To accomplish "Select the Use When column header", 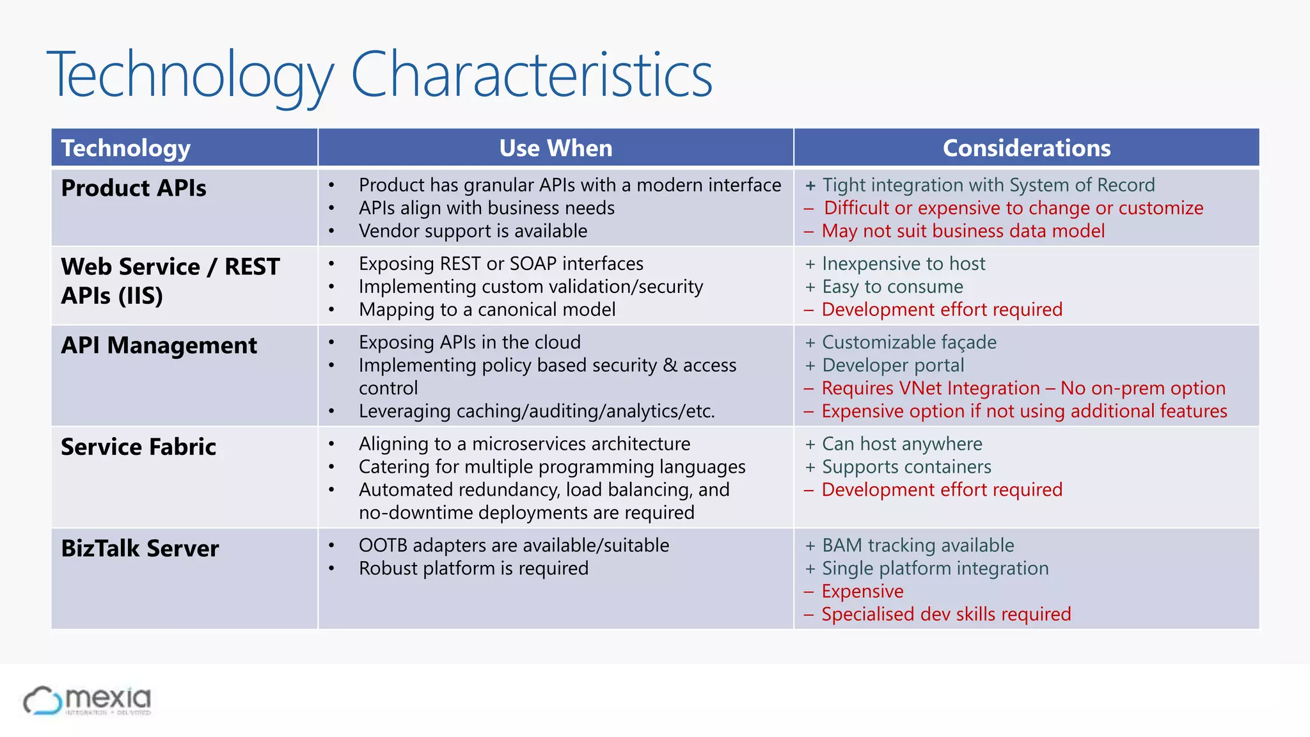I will (x=555, y=148).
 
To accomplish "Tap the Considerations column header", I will (x=1026, y=148).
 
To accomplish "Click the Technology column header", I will (x=126, y=148).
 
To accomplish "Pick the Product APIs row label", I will (x=134, y=188).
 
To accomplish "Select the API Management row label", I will (x=159, y=345).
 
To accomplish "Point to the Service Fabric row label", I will (x=138, y=447).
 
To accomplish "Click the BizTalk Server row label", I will (x=139, y=548).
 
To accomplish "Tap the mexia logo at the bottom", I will (x=88, y=701).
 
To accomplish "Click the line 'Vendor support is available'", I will (x=473, y=231).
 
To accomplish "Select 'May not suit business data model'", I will (x=963, y=231).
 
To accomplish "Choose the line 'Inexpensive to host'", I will (x=903, y=264).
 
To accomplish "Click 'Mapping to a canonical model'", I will (x=487, y=310).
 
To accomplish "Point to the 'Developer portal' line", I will (x=892, y=365).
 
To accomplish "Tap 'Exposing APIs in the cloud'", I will (x=470, y=342).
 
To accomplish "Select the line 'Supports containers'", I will (x=906, y=467).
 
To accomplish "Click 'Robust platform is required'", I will (x=473, y=568).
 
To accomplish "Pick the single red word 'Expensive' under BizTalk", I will (x=862, y=591).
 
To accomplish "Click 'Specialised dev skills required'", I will (x=945, y=614).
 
